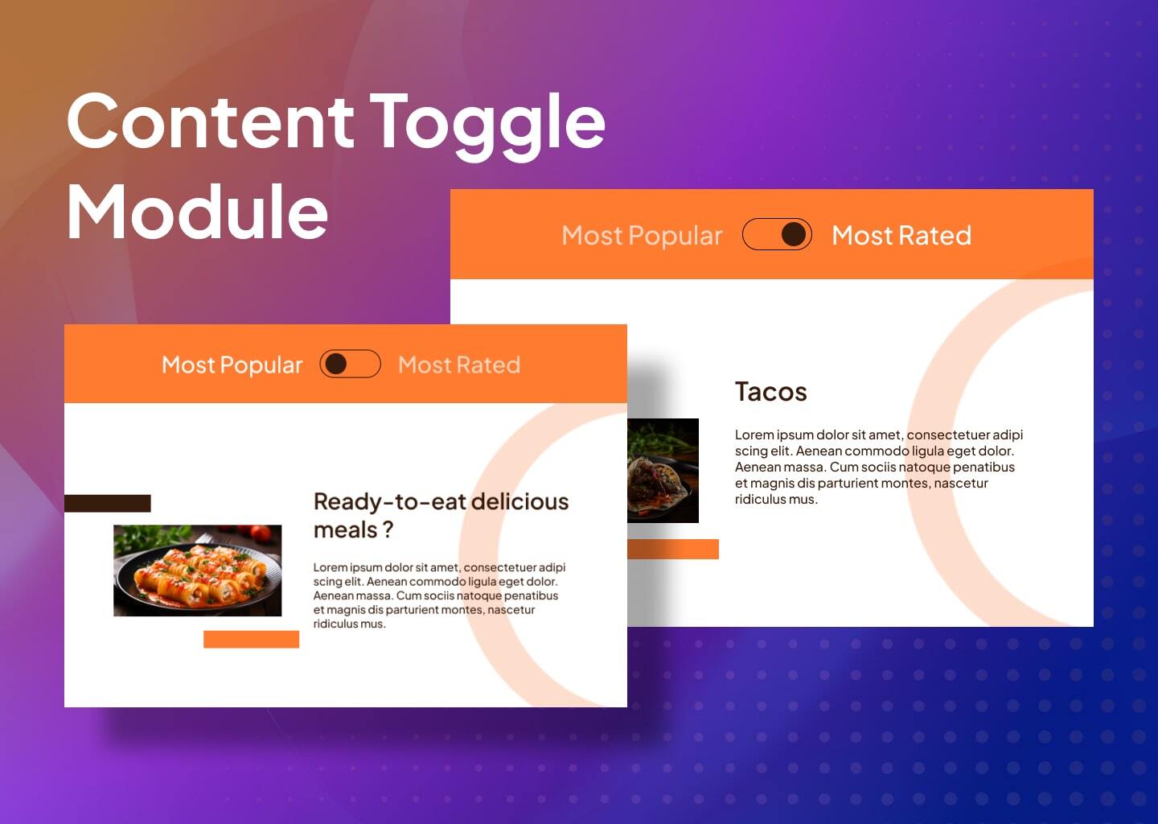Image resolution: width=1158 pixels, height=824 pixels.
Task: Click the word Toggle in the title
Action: (487, 122)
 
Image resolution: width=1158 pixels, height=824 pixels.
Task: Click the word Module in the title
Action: (197, 212)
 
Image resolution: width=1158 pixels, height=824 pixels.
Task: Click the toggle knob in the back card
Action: (793, 234)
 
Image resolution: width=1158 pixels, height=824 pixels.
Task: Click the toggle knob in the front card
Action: (335, 364)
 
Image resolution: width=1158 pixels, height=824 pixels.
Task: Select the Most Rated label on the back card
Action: (901, 235)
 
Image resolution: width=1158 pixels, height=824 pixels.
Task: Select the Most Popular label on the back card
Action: (642, 235)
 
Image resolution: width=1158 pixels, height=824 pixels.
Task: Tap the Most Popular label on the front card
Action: (232, 365)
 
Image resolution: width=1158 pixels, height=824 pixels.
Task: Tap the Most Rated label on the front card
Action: (458, 365)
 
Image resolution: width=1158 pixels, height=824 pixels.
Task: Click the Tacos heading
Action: (770, 392)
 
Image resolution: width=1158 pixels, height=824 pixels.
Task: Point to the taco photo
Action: (663, 471)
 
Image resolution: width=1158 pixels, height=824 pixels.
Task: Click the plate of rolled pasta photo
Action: (197, 571)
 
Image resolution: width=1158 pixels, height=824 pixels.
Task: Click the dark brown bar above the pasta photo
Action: (108, 503)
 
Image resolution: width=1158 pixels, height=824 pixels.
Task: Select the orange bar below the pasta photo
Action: (251, 639)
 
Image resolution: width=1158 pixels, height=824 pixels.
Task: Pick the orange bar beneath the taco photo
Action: (673, 549)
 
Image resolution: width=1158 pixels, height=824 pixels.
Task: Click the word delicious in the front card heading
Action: (519, 501)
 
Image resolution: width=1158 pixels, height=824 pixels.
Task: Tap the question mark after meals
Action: (388, 529)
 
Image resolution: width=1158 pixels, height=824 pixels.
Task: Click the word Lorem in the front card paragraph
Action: (330, 567)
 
